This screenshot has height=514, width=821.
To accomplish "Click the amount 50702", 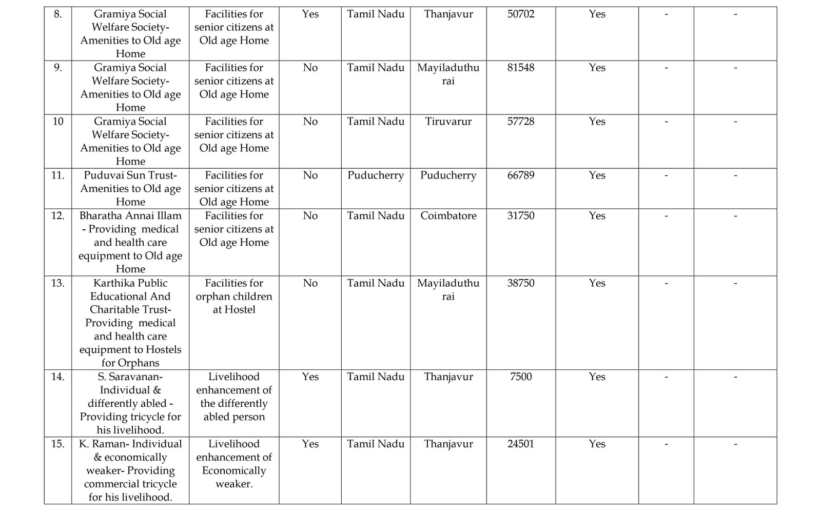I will (x=520, y=14).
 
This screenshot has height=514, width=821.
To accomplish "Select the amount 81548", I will (x=520, y=68).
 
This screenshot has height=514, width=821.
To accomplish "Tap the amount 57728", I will (x=520, y=122).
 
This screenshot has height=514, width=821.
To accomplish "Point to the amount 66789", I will (x=520, y=175).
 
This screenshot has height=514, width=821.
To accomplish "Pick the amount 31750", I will (x=520, y=216).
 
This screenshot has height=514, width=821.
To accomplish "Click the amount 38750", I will (x=520, y=283).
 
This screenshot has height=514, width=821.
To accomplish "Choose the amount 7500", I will (x=520, y=377).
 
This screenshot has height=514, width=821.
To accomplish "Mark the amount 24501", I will (x=520, y=444).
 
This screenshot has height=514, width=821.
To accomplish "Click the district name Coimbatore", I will (x=448, y=216).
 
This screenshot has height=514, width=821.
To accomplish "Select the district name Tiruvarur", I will (x=448, y=122).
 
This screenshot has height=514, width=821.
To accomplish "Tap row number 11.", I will (x=58, y=175).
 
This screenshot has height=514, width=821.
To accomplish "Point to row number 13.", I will (x=58, y=283).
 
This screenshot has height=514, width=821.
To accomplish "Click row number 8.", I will (x=58, y=14).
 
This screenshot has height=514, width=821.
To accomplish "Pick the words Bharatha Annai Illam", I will (x=130, y=216).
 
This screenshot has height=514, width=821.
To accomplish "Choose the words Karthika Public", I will (x=130, y=283).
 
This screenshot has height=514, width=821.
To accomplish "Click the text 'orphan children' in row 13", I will (x=234, y=296).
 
